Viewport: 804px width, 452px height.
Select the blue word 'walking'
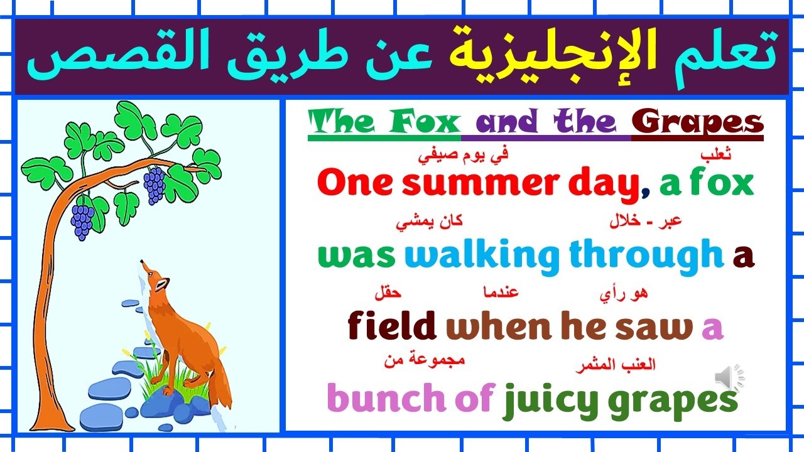point(482,256)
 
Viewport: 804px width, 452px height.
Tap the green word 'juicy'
point(551,400)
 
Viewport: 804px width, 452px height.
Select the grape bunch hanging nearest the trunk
point(82,220)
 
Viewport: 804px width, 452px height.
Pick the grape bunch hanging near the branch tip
point(154,186)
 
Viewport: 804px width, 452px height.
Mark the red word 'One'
point(356,183)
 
